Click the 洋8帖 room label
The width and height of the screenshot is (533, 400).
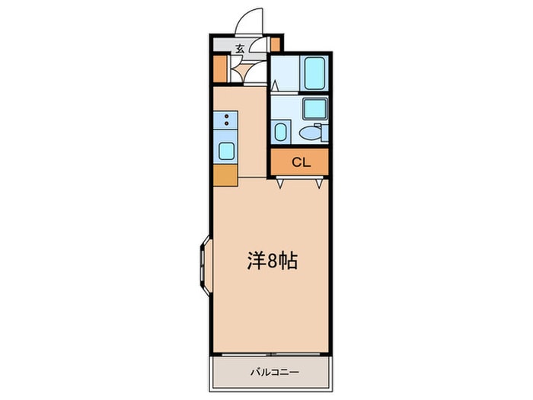pos(271,261)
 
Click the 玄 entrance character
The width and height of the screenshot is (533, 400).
pos(239,49)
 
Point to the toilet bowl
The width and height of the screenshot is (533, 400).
pos(309,134)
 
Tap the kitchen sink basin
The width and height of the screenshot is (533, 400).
pos(226,149)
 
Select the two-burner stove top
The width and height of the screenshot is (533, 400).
pos(226,120)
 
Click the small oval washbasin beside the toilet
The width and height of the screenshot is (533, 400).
pos(280,133)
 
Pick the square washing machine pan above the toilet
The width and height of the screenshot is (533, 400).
pos(314,108)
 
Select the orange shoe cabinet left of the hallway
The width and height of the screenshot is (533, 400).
pos(220,69)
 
